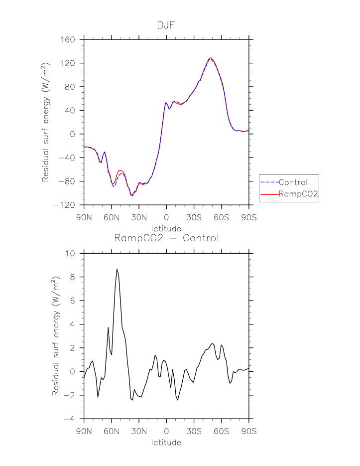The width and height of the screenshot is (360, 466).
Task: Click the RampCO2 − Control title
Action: (166, 238)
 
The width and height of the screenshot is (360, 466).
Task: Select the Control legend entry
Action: (293, 182)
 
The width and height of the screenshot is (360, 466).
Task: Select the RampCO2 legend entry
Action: (298, 196)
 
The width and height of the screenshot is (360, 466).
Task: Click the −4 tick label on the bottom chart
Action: (73, 419)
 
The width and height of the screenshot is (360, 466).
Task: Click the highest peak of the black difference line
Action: (117, 269)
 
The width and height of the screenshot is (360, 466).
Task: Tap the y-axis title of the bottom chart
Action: (56, 336)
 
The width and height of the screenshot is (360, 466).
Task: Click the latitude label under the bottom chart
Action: (166, 442)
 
